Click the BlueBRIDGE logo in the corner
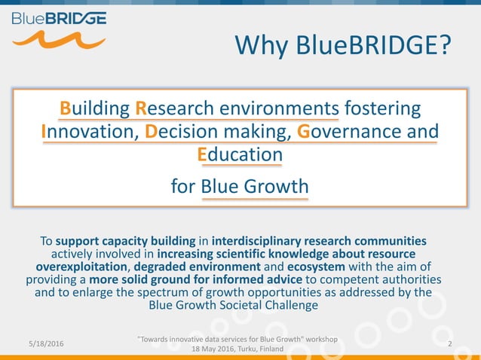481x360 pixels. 58,28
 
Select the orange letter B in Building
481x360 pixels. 65,108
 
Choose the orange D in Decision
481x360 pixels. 150,131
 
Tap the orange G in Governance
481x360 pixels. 304,131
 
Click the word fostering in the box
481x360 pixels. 382,108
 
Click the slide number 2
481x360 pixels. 449,343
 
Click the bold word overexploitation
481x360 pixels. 83,267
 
